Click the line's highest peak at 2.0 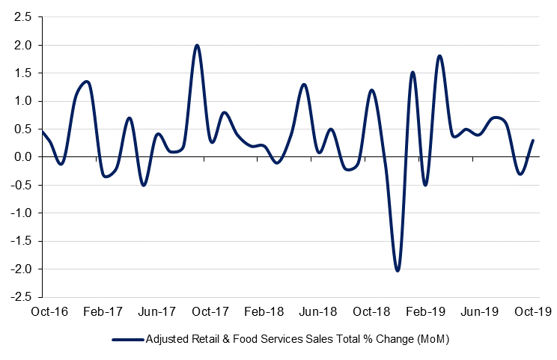[197, 45]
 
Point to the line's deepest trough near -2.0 [397, 270]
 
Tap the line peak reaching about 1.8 [439, 56]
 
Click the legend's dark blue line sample [128, 339]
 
